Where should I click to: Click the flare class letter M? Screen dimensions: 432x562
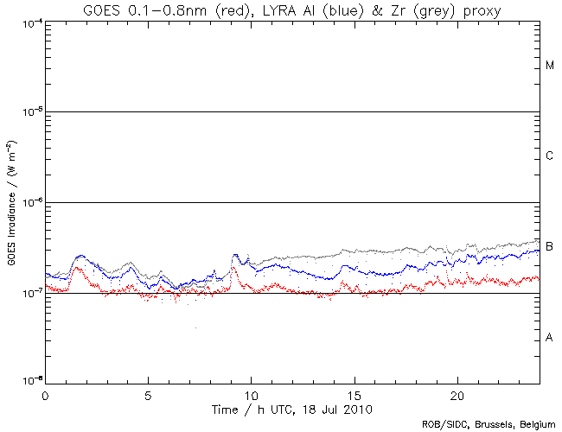click(550, 65)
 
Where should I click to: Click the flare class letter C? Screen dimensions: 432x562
click(550, 156)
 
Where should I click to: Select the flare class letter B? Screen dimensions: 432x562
click(550, 246)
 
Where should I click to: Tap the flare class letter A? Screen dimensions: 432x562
click(550, 337)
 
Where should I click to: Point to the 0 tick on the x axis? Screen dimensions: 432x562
click(45, 394)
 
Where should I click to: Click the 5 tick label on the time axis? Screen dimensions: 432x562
click(148, 394)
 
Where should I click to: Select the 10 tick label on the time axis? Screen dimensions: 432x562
click(251, 394)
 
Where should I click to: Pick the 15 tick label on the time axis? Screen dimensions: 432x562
click(354, 394)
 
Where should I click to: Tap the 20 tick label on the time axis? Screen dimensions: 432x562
click(457, 394)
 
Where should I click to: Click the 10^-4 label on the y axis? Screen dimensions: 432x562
click(29, 21)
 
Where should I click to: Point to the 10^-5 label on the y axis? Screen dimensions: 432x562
click(29, 111)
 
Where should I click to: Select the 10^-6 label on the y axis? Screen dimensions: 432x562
click(29, 202)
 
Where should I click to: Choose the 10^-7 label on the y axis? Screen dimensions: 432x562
click(29, 293)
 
